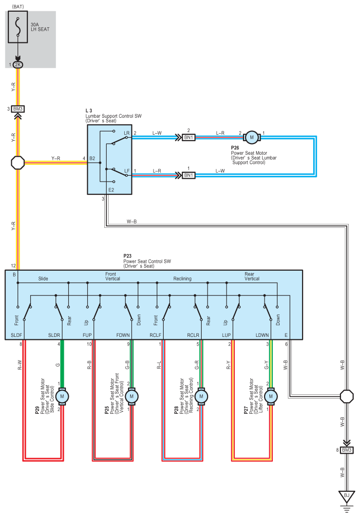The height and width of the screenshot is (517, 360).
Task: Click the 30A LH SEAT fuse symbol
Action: click(x=18, y=27)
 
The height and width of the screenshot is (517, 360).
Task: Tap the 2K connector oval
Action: click(x=18, y=65)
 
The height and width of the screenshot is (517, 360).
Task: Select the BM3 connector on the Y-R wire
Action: click(x=18, y=109)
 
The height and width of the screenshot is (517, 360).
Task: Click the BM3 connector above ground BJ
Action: click(x=346, y=450)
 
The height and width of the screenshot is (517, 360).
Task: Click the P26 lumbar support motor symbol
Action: click(x=252, y=137)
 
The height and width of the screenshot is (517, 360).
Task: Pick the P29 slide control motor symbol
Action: click(x=62, y=396)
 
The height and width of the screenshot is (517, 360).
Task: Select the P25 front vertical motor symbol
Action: click(x=132, y=396)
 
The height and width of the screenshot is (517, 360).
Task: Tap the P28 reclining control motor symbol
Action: click(x=201, y=396)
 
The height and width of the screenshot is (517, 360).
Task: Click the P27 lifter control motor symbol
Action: click(x=271, y=396)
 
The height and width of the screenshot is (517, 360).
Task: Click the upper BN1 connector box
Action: click(x=189, y=137)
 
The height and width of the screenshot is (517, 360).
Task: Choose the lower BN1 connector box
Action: click(x=189, y=175)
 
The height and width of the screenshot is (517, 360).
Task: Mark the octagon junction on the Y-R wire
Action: click(x=18, y=163)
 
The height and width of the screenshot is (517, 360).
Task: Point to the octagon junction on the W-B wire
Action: click(x=346, y=396)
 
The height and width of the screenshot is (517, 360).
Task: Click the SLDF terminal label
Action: click(x=17, y=335)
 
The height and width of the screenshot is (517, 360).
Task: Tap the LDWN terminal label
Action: click(x=263, y=335)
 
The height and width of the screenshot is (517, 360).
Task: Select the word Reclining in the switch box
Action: click(x=183, y=278)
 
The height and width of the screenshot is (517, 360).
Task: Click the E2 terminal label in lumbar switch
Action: click(x=111, y=190)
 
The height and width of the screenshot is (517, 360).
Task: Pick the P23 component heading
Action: click(x=127, y=256)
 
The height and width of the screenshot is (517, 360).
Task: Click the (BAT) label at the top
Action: click(x=18, y=7)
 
